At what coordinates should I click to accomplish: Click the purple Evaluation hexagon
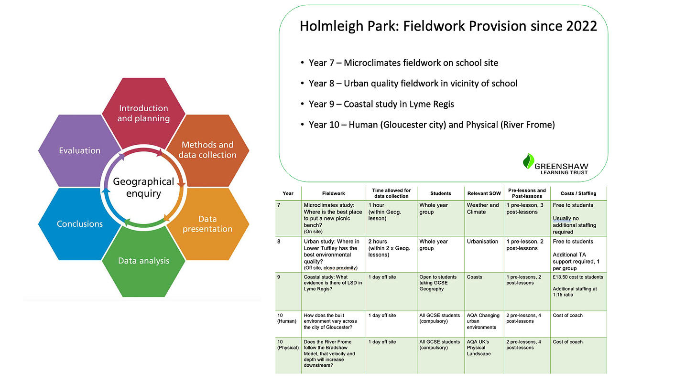(79, 150)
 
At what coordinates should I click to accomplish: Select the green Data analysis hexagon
(143, 261)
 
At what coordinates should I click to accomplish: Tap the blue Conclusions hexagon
(79, 223)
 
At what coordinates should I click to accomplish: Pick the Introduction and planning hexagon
(143, 113)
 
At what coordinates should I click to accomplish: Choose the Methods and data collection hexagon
(207, 150)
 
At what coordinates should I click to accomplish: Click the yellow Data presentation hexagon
(207, 224)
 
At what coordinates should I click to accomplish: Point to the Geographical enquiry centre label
(143, 187)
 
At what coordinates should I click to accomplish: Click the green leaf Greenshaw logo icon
(528, 161)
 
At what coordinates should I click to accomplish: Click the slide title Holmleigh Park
(448, 26)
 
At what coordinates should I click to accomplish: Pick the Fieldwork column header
(333, 193)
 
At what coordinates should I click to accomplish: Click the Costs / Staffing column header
(578, 193)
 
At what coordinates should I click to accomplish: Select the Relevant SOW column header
(483, 193)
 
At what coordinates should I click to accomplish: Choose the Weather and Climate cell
(483, 209)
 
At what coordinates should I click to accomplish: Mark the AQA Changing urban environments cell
(483, 321)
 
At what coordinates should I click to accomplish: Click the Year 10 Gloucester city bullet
(432, 125)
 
